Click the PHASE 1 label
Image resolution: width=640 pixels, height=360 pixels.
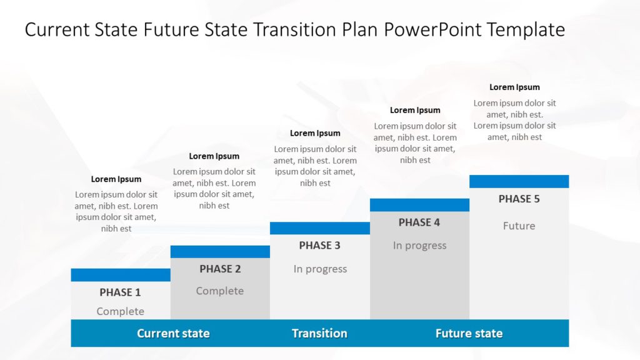[x=120, y=292]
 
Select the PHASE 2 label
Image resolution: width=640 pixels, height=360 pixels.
[x=220, y=269]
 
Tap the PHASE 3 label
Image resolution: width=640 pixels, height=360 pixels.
[x=319, y=245]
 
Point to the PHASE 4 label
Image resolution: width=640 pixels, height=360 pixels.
[x=419, y=222]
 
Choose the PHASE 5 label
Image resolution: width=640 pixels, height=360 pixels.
[x=519, y=199]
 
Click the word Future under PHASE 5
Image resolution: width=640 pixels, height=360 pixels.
[x=519, y=226]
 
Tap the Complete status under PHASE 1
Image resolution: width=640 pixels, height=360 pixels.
[x=121, y=311]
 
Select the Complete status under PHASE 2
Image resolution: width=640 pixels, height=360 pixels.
[x=219, y=291]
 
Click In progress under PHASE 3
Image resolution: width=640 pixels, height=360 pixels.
[x=320, y=269]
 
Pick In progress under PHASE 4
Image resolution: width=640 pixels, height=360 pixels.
[x=419, y=246]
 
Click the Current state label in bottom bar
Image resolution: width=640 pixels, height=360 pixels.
[x=173, y=334]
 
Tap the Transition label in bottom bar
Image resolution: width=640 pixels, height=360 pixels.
[x=319, y=334]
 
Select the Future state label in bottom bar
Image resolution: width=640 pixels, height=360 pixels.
[x=469, y=334]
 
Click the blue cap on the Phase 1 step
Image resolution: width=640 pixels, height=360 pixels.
[x=121, y=275]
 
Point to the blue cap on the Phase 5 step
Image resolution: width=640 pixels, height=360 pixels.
[x=519, y=181]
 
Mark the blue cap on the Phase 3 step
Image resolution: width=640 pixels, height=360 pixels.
[x=320, y=228]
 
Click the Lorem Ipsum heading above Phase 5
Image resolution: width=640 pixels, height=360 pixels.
[x=514, y=87]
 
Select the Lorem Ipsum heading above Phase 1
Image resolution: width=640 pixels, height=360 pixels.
[x=116, y=179]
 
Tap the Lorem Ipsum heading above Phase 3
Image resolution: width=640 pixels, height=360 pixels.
[x=315, y=134]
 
